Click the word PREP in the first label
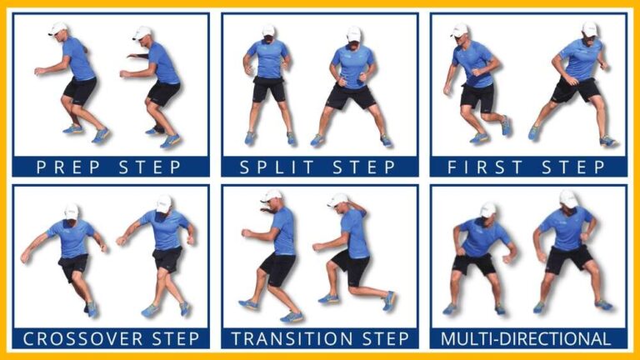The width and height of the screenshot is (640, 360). [x=68, y=167]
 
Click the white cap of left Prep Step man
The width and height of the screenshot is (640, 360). [x=58, y=29]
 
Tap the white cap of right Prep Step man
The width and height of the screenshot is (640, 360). [x=142, y=33]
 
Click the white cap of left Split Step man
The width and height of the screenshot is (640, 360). [x=268, y=32]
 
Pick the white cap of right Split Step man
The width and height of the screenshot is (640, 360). [x=353, y=34]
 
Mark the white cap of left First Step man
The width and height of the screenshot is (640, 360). [x=460, y=30]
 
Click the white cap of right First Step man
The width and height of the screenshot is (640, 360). [x=589, y=29]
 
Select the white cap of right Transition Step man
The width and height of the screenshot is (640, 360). [x=339, y=201]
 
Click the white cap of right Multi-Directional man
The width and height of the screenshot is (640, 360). [x=568, y=198]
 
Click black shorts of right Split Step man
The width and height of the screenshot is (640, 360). [x=352, y=96]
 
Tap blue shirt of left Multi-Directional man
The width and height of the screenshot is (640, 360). [x=483, y=238]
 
